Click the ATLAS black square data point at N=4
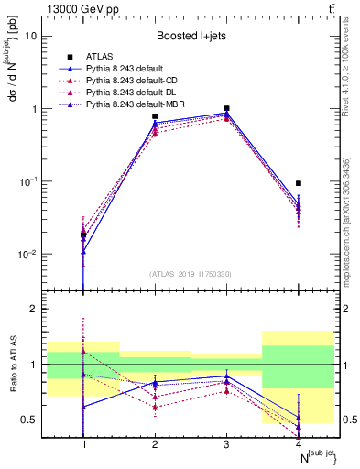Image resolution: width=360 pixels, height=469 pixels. [x=299, y=183]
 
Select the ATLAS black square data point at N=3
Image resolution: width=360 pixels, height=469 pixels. [x=227, y=108]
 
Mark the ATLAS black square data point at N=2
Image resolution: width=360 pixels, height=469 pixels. [x=155, y=116]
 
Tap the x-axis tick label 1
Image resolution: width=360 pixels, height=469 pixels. [x=84, y=444]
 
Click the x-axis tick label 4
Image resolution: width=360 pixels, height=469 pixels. [x=299, y=444]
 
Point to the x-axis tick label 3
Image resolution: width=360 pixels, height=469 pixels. [x=227, y=444]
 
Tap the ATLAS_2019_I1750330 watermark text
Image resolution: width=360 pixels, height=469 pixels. [x=191, y=274]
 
